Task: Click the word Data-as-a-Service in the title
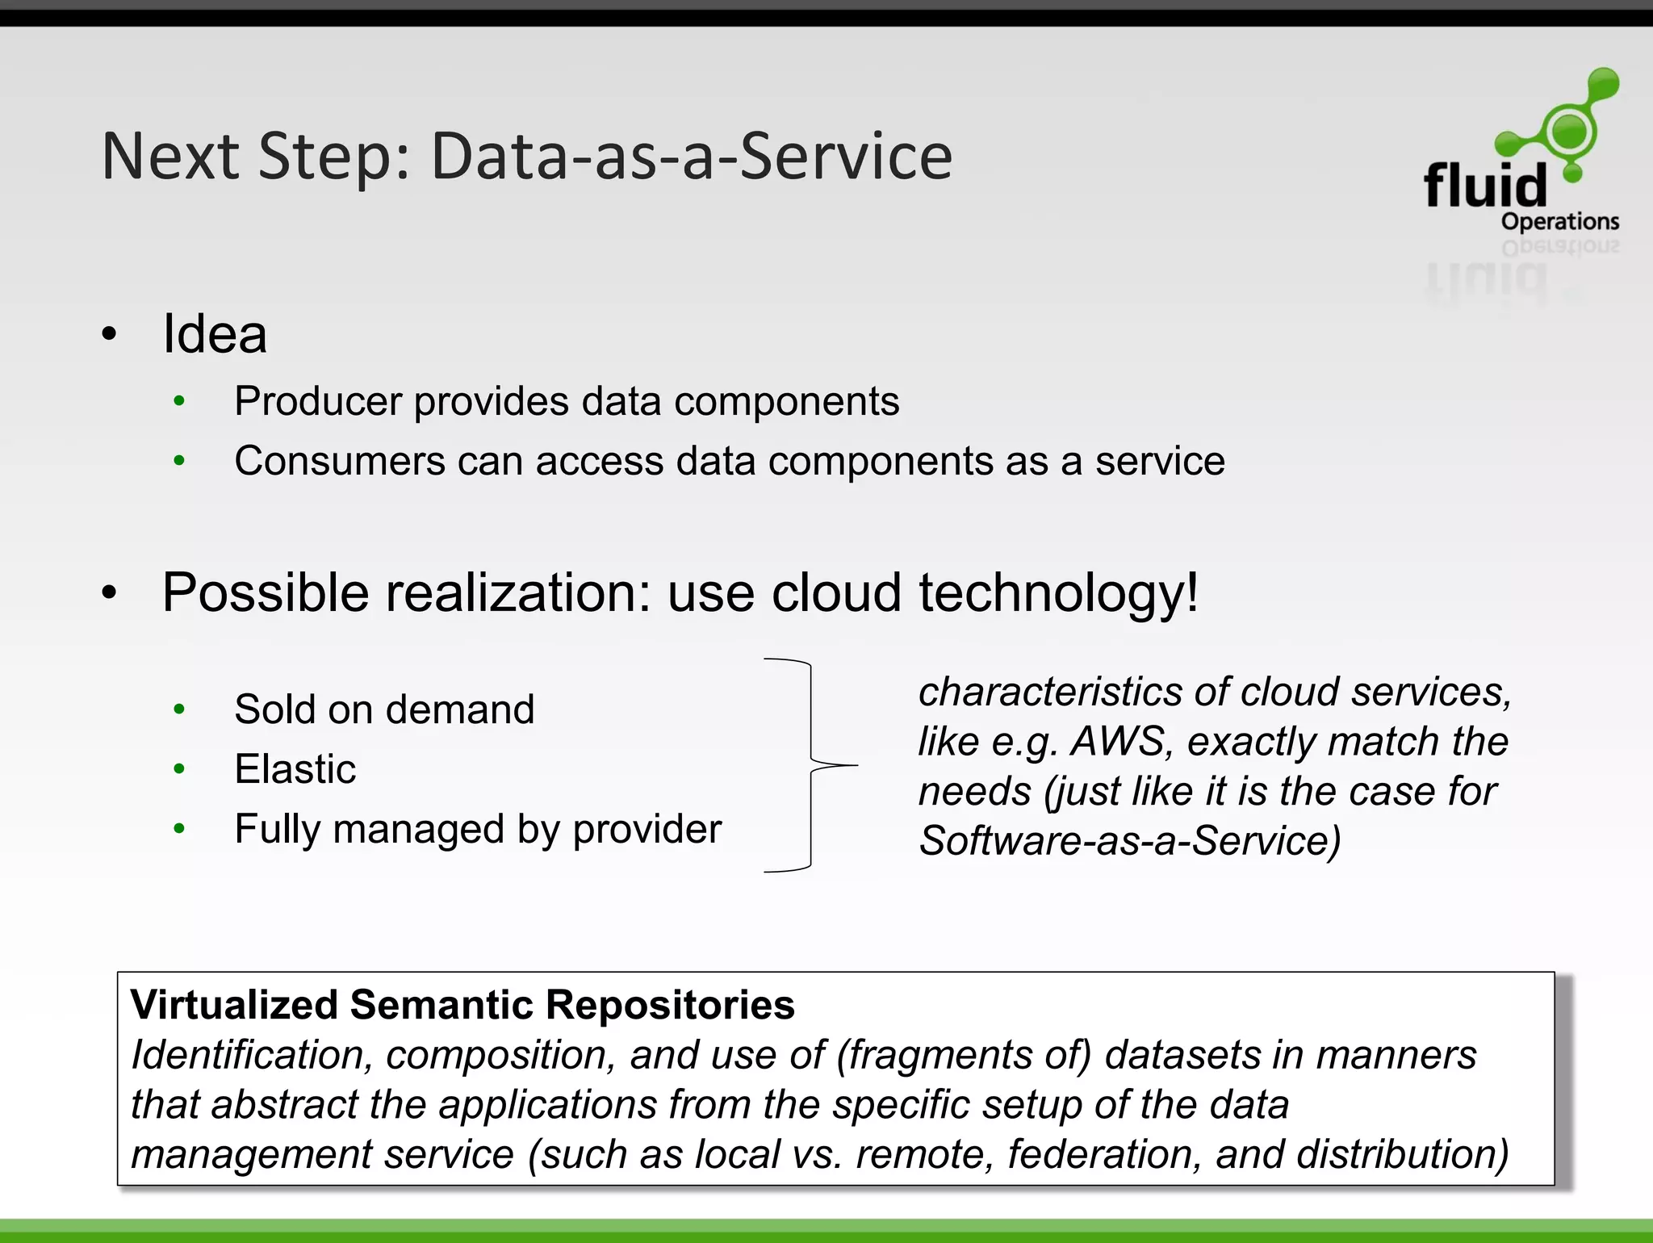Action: click(691, 157)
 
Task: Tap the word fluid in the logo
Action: click(1485, 185)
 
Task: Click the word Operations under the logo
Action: click(1559, 221)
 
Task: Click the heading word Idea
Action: click(215, 333)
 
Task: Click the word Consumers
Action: click(339, 461)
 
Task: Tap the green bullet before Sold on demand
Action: click(179, 709)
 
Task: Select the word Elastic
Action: click(295, 768)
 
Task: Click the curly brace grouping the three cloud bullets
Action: click(810, 764)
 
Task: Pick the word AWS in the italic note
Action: click(1118, 741)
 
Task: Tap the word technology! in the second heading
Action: click(1058, 592)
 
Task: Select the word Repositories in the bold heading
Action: click(670, 1005)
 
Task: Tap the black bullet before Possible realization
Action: click(110, 593)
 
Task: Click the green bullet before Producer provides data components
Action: click(179, 401)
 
